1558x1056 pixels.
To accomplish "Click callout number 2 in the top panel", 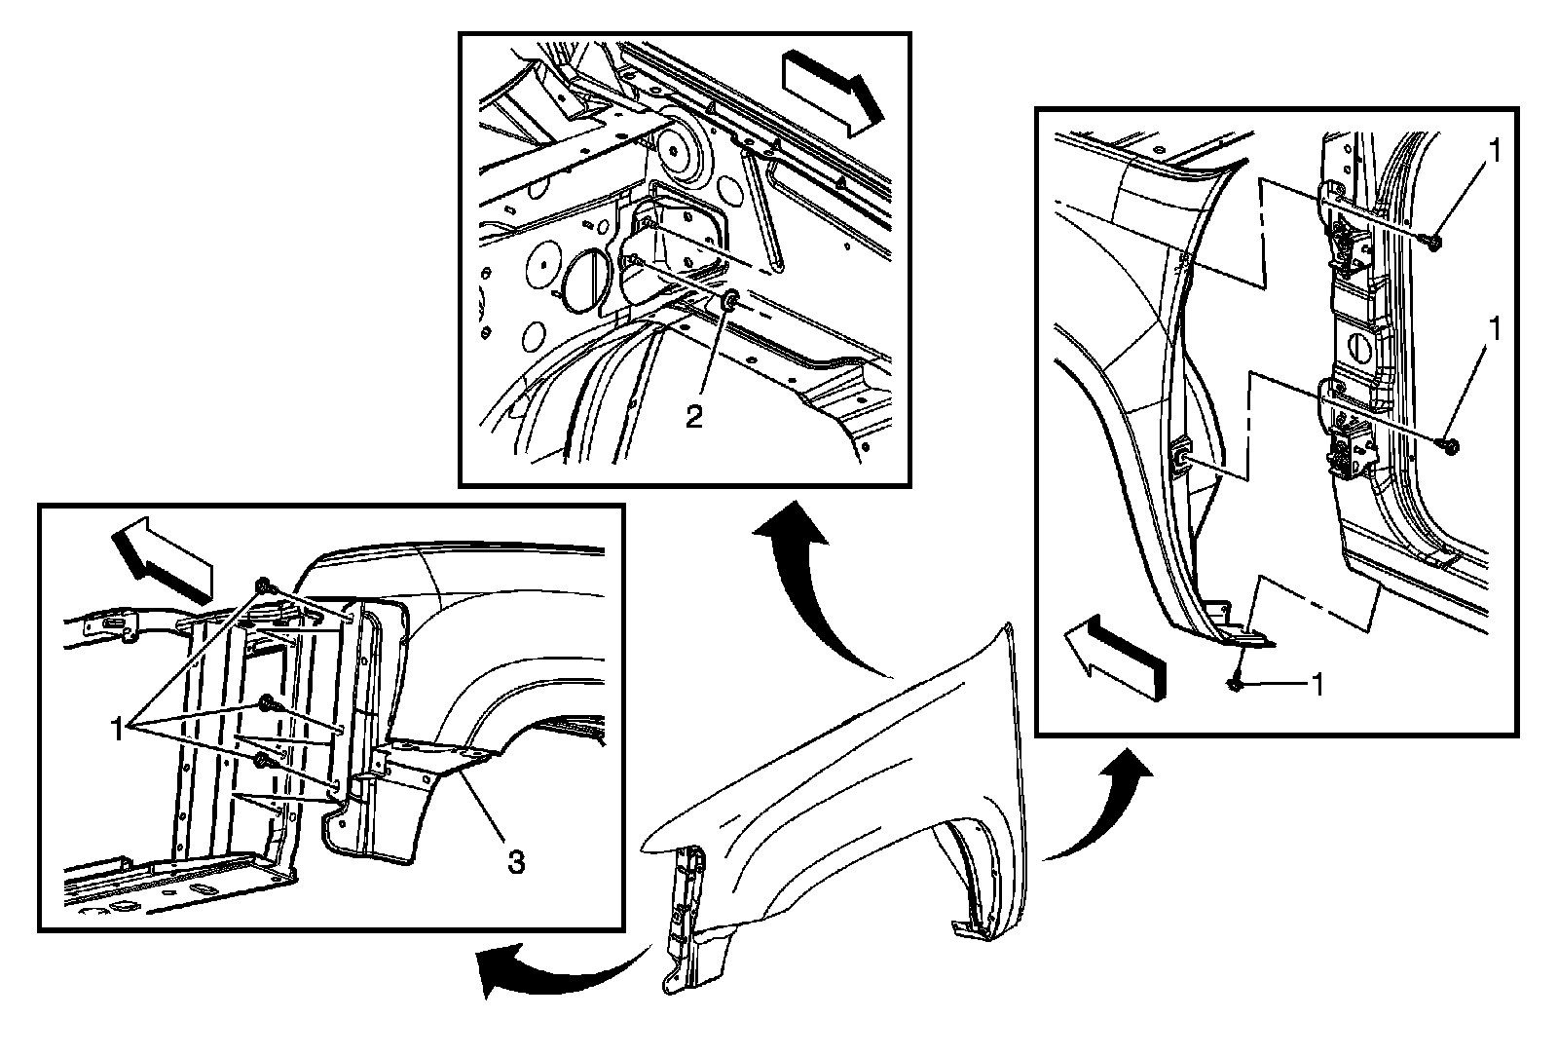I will (x=693, y=416).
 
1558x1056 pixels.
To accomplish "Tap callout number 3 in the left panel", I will (x=516, y=860).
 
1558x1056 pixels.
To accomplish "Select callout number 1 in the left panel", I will (x=120, y=728).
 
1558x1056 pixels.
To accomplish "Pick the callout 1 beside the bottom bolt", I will (x=1315, y=686).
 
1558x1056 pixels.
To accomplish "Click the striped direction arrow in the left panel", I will (x=162, y=560).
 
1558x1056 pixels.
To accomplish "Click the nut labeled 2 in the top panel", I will (x=729, y=302).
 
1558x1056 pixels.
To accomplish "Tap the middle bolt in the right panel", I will (x=1448, y=446).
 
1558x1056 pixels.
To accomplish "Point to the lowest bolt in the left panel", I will (x=260, y=763).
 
